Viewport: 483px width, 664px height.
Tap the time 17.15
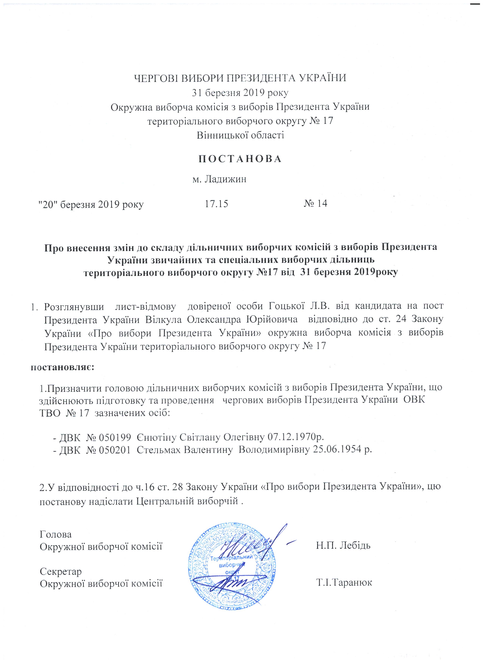(x=216, y=204)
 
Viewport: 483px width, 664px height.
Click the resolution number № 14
(x=315, y=204)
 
